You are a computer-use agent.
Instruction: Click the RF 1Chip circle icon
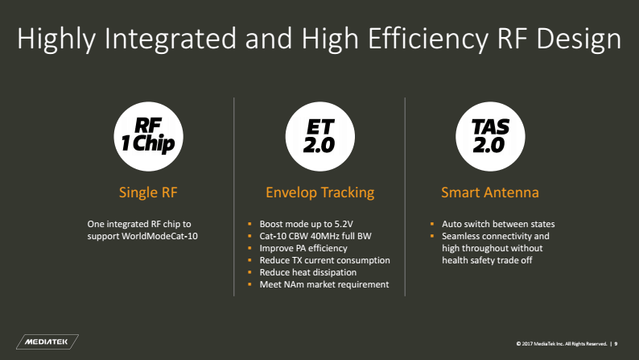pyautogui.click(x=148, y=136)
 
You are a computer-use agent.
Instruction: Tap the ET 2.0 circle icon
pyautogui.click(x=320, y=136)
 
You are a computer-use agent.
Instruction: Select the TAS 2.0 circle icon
pyautogui.click(x=490, y=136)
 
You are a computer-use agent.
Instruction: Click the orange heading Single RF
pyautogui.click(x=148, y=192)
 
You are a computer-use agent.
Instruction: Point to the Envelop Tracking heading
pyautogui.click(x=320, y=192)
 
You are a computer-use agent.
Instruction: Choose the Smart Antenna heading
pyautogui.click(x=490, y=192)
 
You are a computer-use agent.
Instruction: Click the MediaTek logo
pyautogui.click(x=47, y=341)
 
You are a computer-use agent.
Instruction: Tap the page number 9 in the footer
pyautogui.click(x=616, y=344)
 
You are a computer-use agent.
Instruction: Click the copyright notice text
pyautogui.click(x=561, y=344)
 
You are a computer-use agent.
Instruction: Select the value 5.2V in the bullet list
pyautogui.click(x=344, y=224)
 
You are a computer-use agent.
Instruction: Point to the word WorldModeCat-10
pyautogui.click(x=159, y=236)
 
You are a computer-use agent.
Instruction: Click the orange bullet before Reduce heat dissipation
pyautogui.click(x=249, y=272)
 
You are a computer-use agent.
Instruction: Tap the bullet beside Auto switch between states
pyautogui.click(x=432, y=224)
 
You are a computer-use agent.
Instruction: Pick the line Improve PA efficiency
pyautogui.click(x=303, y=248)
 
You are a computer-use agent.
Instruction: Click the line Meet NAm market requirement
pyautogui.click(x=324, y=284)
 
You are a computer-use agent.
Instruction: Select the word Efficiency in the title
pyautogui.click(x=427, y=39)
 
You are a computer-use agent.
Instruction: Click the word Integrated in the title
pyautogui.click(x=171, y=39)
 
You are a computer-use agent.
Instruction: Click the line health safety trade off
pyautogui.click(x=487, y=260)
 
